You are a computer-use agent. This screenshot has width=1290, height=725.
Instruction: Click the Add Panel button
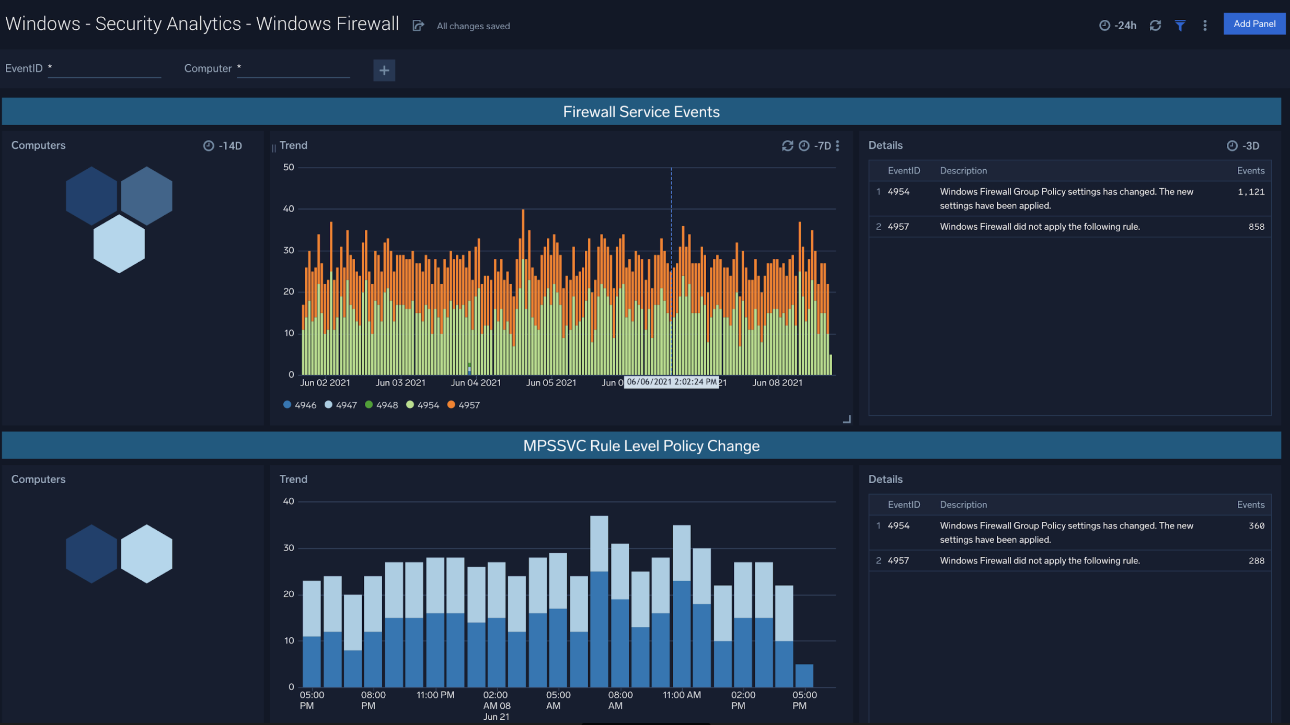(x=1253, y=24)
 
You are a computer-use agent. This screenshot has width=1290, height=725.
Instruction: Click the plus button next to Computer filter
(x=384, y=71)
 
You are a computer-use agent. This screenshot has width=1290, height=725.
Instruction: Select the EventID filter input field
(x=104, y=69)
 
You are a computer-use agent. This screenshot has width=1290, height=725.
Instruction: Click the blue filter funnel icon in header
(x=1180, y=26)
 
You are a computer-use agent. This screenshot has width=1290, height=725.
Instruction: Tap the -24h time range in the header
(x=1118, y=26)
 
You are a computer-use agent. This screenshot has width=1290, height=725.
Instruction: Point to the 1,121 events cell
(x=1250, y=192)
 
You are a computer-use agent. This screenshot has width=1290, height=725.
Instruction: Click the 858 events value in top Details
(x=1256, y=227)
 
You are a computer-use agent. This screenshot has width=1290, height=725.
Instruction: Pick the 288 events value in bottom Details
(x=1256, y=560)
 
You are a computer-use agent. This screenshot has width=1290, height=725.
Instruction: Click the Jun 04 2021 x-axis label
(x=476, y=383)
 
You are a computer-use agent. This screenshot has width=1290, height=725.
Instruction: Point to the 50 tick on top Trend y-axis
(x=289, y=168)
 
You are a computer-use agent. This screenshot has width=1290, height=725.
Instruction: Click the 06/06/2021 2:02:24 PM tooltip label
(x=671, y=382)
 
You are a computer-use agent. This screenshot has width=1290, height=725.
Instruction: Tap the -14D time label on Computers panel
(x=223, y=146)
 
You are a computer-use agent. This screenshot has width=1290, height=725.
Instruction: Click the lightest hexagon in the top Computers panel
(x=119, y=244)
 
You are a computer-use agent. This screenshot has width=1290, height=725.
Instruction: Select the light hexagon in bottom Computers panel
(x=146, y=554)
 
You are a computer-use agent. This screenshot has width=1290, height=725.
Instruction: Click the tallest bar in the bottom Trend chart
(x=599, y=601)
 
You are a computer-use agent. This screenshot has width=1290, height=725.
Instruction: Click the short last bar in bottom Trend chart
(x=804, y=675)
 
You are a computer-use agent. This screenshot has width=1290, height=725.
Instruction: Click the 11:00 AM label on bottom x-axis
(x=682, y=695)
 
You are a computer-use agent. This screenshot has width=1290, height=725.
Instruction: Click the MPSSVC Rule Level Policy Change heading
(x=641, y=446)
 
